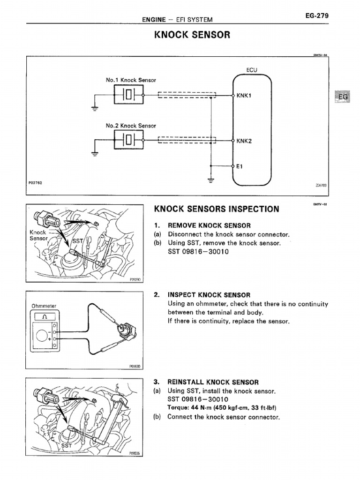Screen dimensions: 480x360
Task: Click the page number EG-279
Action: [x=316, y=16]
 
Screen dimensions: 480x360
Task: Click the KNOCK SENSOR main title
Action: [x=192, y=35]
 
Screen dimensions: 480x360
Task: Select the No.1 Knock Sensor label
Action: [x=131, y=80]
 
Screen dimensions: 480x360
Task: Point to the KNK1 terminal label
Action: [x=244, y=95]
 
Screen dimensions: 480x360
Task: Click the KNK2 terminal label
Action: [x=244, y=141]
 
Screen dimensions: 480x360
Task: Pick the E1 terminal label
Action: [x=240, y=166]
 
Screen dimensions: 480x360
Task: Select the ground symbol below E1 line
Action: [x=211, y=180]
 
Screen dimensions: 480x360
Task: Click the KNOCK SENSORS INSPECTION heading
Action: [x=217, y=209]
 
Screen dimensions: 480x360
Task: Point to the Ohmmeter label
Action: [x=44, y=306]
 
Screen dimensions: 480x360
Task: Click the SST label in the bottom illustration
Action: [x=67, y=446]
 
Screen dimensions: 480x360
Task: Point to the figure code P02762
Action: [x=36, y=183]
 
